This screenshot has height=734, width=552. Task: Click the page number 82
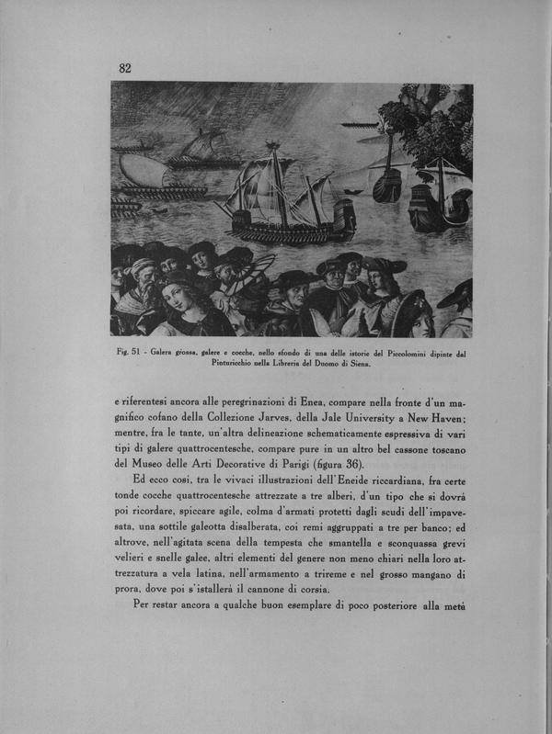[x=126, y=67]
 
